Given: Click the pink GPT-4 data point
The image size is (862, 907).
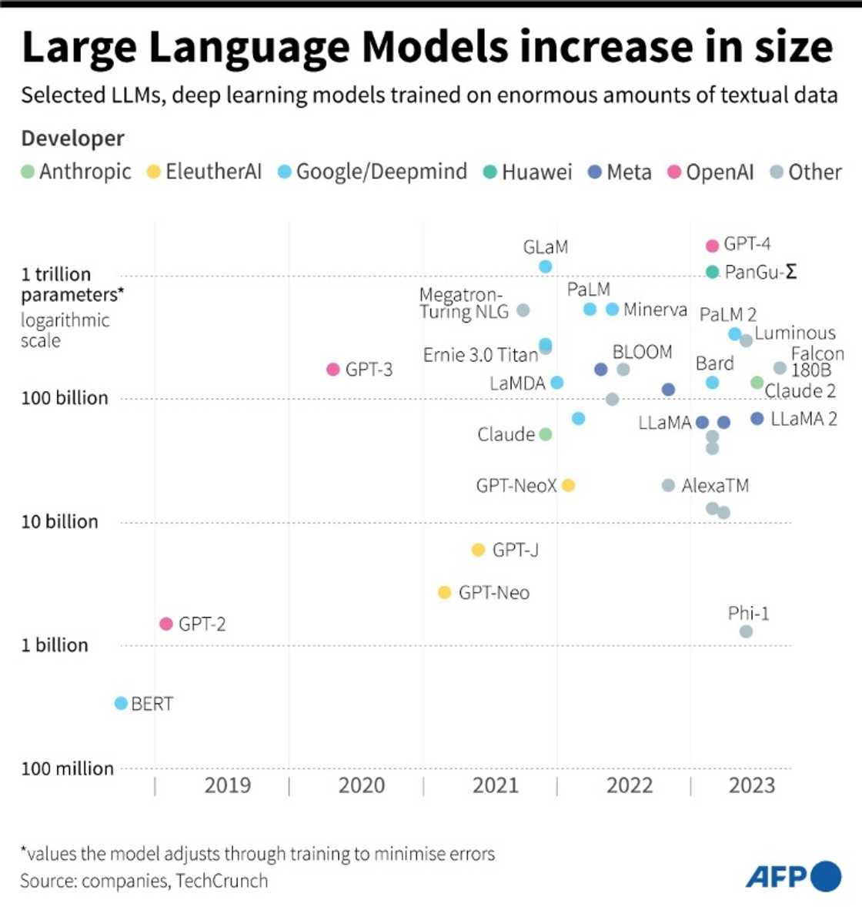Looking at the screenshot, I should coord(712,246).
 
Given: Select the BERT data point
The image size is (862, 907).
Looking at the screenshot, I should coord(121,703).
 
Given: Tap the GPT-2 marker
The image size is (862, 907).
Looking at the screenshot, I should coord(166,624).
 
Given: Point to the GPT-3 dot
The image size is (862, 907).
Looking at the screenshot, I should coord(333,370).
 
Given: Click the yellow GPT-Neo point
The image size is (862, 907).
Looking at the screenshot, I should coord(444,592).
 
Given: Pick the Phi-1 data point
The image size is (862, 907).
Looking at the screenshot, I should coord(746,631).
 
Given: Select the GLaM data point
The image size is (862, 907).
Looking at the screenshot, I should coord(545,266).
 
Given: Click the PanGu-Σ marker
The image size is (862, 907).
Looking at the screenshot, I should coord(712,272).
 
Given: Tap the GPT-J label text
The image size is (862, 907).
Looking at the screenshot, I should coord(515,550).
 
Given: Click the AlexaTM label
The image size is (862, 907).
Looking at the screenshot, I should coord(715,486).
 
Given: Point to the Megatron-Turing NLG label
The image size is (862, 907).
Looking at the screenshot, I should coord(464,303).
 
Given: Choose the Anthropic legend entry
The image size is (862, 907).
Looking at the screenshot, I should coord(76,172).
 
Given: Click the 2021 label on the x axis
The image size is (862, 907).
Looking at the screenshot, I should coord(495,785).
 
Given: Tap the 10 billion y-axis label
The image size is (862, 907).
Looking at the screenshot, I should coord(60,521).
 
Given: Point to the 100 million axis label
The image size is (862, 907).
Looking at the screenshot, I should coord(68,768).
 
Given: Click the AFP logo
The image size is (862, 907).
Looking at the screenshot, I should coord(794,876).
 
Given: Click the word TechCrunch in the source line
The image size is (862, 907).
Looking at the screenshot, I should coord(222,881).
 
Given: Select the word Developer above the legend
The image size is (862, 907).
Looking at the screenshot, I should coord(72,139).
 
